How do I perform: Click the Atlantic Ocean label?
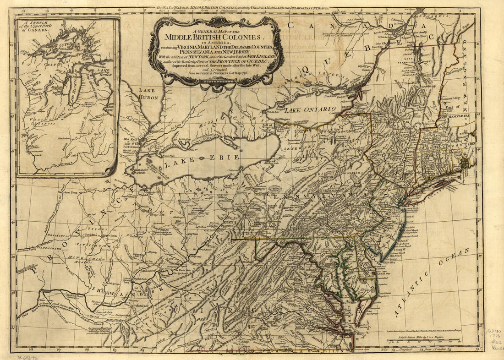[430, 281]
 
